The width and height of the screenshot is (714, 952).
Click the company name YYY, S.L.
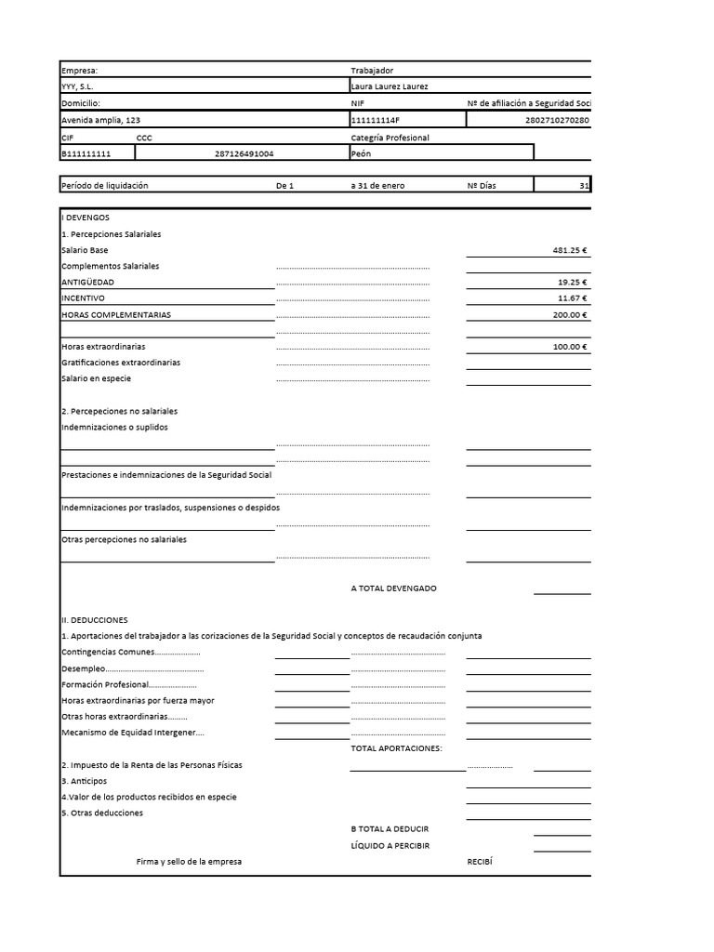click(77, 86)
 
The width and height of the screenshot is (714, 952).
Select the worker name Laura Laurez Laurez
click(390, 86)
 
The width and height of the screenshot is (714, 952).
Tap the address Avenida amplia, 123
click(101, 120)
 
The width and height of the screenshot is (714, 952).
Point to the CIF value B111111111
click(86, 153)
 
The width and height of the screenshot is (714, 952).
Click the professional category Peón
click(361, 153)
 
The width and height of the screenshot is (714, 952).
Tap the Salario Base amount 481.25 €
click(571, 250)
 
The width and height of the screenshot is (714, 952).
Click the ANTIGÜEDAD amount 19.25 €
click(573, 282)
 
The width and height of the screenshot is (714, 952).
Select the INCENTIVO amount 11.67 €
click(573, 298)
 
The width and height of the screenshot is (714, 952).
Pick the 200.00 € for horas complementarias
click(571, 314)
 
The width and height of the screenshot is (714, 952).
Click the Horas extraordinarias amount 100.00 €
click(571, 347)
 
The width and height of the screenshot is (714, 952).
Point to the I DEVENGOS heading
click(85, 217)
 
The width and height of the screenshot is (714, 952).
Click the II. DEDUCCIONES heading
click(94, 619)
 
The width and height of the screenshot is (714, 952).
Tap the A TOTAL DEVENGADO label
click(393, 588)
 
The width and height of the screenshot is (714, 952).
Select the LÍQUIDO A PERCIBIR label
click(390, 845)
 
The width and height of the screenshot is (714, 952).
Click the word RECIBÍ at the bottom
click(478, 862)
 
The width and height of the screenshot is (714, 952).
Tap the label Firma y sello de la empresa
click(189, 862)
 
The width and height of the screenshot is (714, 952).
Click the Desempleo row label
click(83, 668)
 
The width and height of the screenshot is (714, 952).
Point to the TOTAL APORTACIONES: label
click(396, 748)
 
